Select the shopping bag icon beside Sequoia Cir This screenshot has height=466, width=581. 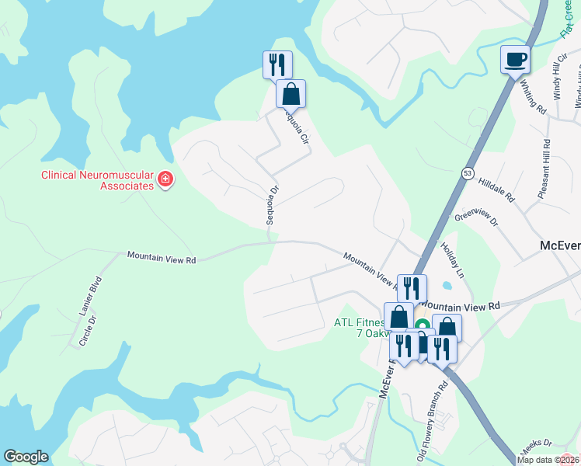pyautogui.click(x=290, y=94)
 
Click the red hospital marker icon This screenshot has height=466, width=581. pyautogui.click(x=165, y=180)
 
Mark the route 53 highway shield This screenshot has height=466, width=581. pyautogui.click(x=467, y=172)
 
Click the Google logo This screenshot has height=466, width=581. pyautogui.click(x=26, y=457)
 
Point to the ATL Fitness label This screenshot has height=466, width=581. pyautogui.click(x=360, y=322)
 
